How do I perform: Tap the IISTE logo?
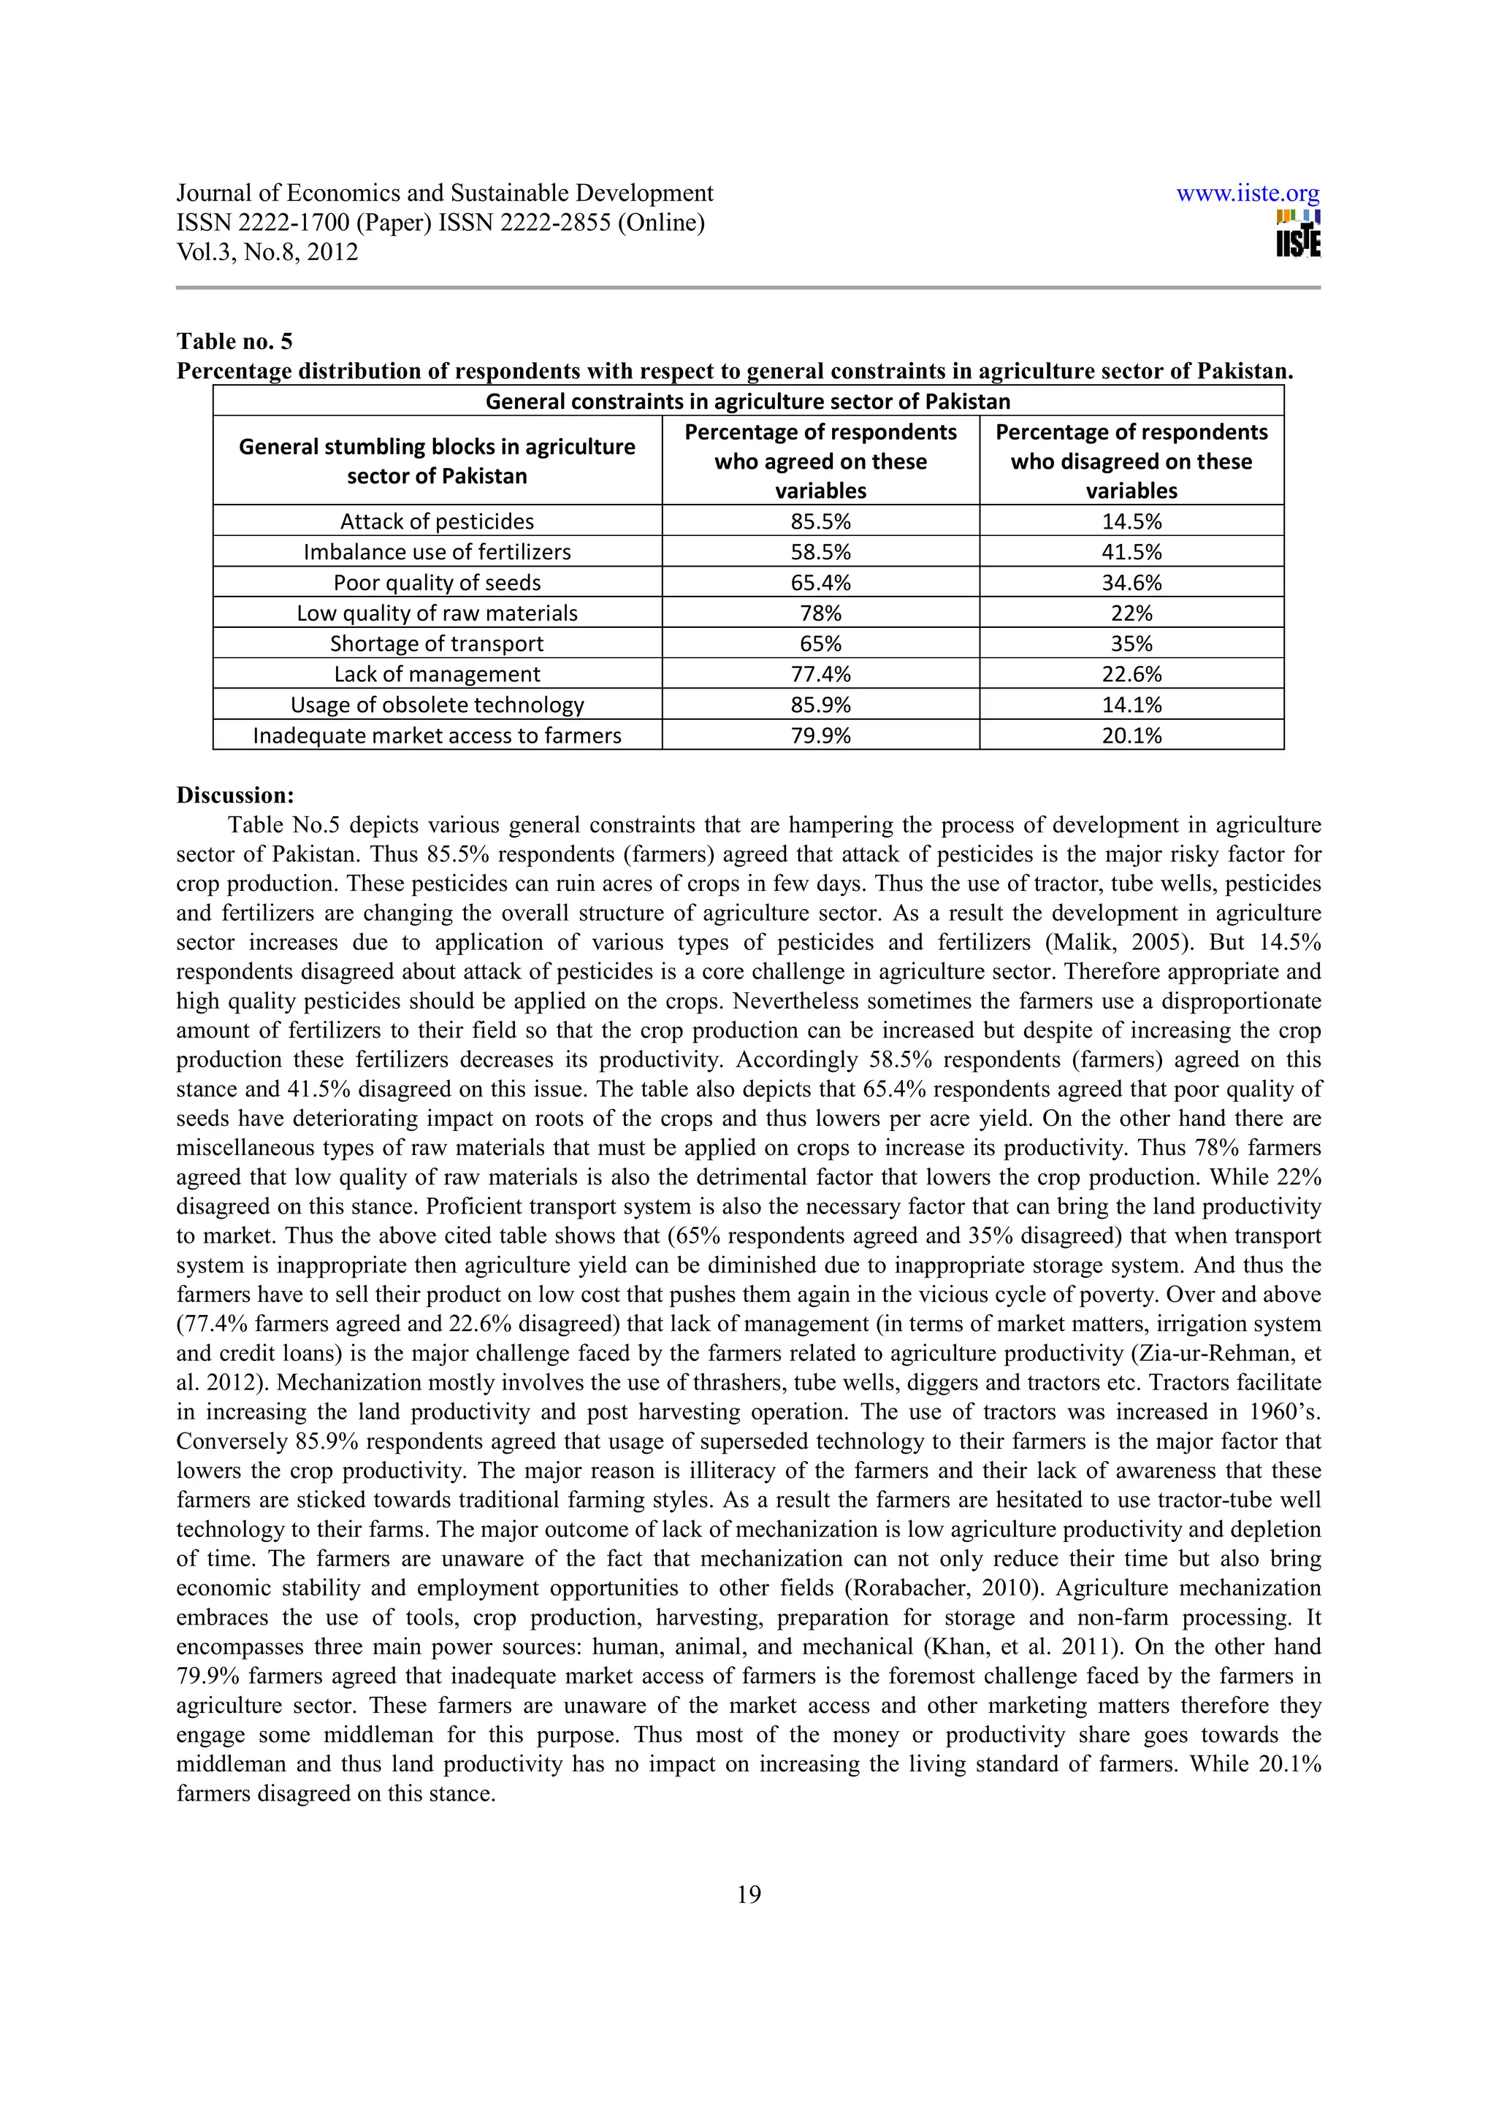1298,234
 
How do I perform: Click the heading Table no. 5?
234,342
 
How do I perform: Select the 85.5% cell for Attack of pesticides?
820,521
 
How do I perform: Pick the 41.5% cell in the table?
1131,552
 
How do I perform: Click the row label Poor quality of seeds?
437,583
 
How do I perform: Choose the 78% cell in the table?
820,613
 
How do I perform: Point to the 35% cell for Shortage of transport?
1131,643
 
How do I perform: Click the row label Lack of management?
437,674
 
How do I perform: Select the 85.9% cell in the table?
820,705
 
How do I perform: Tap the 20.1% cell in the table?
1131,735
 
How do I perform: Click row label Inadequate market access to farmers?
437,735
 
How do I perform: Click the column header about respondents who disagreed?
1131,461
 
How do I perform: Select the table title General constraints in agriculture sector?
747,402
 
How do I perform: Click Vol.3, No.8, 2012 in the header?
267,253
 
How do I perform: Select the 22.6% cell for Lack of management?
1131,674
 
